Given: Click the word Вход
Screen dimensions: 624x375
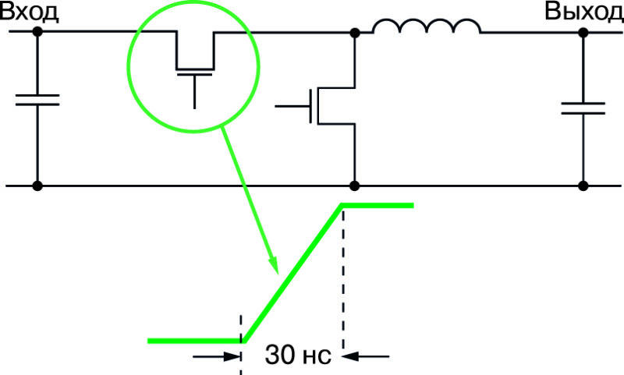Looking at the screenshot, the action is point(30,12).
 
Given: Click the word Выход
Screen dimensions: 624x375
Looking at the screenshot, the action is point(584,11).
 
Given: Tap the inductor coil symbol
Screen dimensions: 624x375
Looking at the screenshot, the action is point(427,26).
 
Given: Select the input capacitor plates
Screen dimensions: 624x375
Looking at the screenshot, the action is point(37,100).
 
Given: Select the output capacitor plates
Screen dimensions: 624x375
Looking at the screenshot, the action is point(583,108).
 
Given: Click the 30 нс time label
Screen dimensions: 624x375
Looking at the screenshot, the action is point(298,355).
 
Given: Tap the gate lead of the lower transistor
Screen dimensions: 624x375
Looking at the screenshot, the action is point(292,107).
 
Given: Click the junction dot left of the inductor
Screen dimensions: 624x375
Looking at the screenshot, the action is point(355,33).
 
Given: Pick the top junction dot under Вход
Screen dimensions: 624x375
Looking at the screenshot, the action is point(37,31).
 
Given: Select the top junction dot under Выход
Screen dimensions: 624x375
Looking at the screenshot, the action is point(583,33).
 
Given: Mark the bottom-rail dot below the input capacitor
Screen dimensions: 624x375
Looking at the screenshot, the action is point(37,186).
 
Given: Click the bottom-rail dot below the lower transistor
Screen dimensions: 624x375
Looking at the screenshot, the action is point(355,186).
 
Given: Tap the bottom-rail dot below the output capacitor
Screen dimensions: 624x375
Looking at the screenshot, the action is point(583,186).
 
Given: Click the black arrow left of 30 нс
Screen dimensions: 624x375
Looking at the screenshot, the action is point(217,356).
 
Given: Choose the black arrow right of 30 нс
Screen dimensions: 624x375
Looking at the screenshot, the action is point(365,356).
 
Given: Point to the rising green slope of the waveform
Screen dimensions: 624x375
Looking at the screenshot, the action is point(293,273).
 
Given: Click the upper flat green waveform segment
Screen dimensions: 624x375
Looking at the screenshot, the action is point(378,205).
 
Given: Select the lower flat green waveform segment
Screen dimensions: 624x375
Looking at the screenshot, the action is point(196,341).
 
